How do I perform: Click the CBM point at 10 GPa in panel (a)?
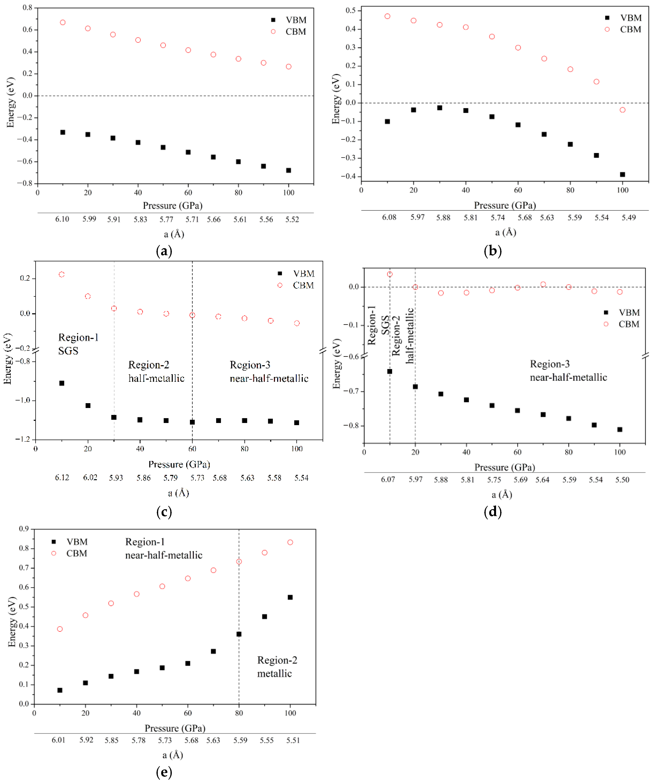[63, 22]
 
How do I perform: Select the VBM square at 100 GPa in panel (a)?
[288, 170]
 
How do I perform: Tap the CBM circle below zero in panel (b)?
[622, 110]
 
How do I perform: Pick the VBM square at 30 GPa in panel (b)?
[440, 108]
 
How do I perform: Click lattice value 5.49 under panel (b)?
[629, 217]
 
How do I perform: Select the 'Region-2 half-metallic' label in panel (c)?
[156, 371]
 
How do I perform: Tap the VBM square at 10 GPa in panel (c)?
[62, 383]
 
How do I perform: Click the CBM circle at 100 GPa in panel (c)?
[297, 323]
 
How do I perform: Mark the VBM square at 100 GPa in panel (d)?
[620, 429]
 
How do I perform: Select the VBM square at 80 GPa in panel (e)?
[239, 634]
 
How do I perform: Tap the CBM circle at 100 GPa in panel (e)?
[290, 542]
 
